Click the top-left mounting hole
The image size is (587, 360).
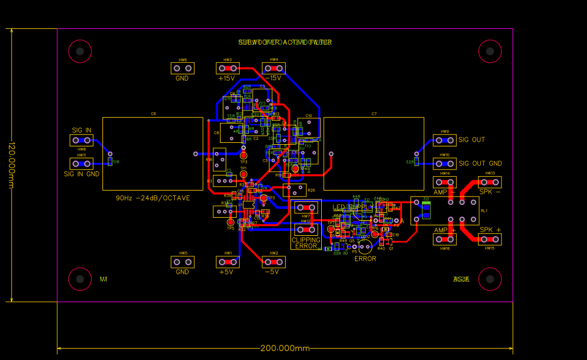coord(80,51)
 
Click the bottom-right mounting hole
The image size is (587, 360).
coord(489,279)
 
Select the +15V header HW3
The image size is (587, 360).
coord(228,69)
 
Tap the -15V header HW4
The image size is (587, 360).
coord(274,69)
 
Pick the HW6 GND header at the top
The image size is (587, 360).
coord(183,69)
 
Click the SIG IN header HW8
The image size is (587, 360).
coord(81,141)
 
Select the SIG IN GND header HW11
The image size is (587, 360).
coord(81,163)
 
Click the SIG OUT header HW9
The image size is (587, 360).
coord(445,141)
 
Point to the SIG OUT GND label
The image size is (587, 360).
coord(480,163)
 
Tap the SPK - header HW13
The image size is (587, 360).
coord(489,182)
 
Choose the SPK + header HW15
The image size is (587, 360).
coord(489,239)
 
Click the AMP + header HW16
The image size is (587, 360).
coord(445,239)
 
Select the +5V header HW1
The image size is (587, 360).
coord(228,262)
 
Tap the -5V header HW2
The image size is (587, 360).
coord(274,262)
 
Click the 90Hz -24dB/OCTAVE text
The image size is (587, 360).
coord(152,198)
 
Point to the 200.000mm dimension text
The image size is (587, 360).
coord(284,349)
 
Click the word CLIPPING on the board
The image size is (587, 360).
coord(306,240)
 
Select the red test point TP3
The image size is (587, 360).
coord(243,156)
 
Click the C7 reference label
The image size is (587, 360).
coord(374,114)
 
